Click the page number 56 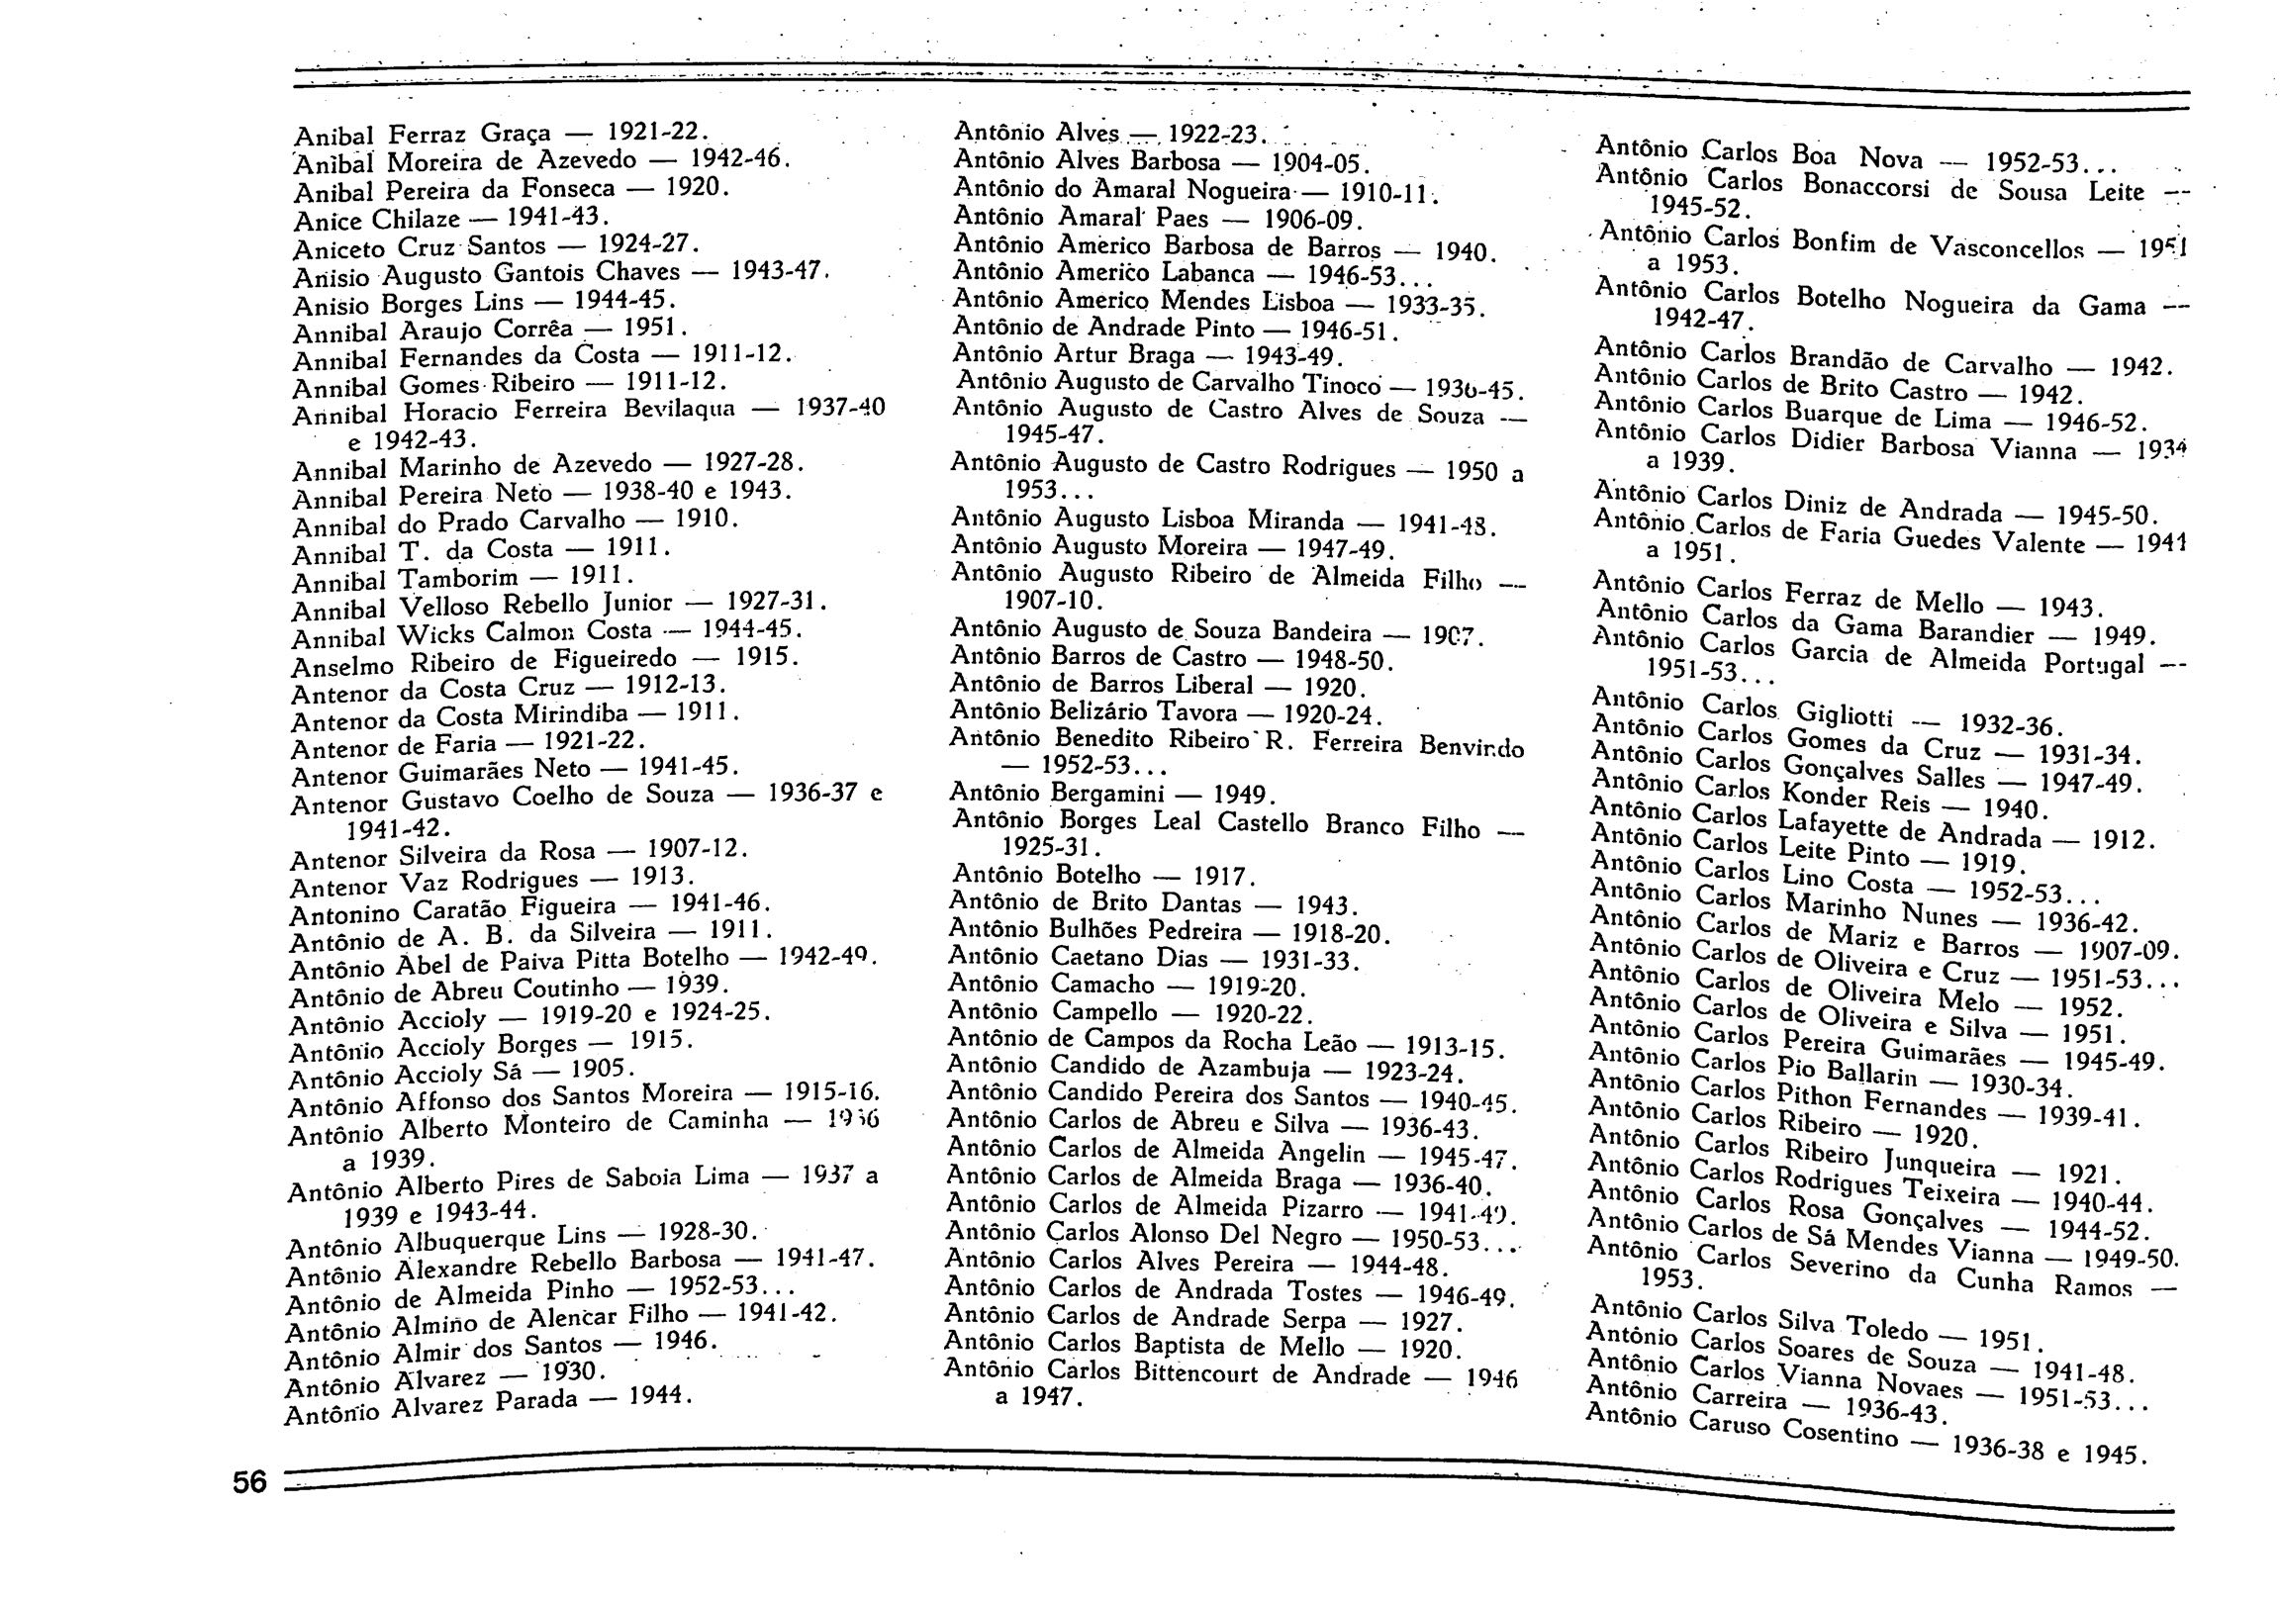(x=249, y=1482)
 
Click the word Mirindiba (x=571, y=715)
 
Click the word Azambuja (x=1253, y=1069)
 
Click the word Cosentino (x=1839, y=1433)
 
